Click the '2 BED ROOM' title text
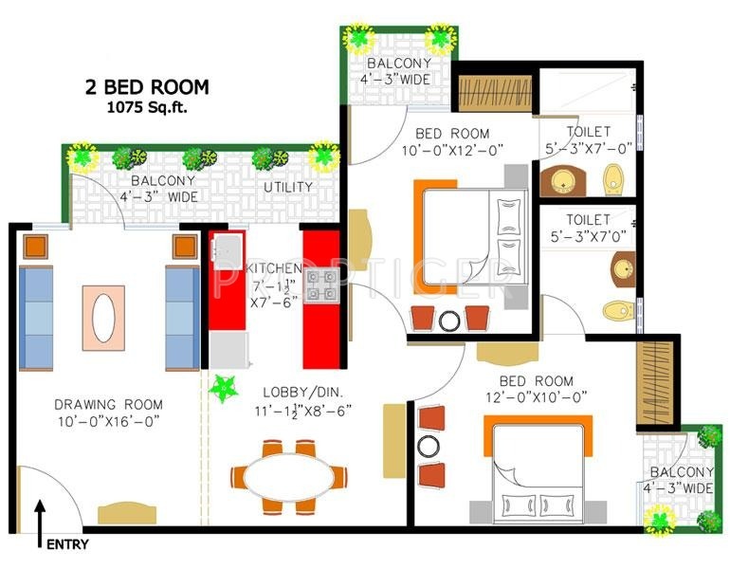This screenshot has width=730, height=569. click(145, 88)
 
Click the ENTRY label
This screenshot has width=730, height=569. click(66, 544)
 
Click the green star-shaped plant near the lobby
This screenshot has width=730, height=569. click(225, 388)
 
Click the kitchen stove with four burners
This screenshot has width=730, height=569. click(320, 284)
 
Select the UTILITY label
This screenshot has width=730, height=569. click(288, 188)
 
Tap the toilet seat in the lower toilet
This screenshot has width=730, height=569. click(617, 309)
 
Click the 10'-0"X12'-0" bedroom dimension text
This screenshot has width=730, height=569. click(451, 150)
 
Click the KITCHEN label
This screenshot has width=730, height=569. click(275, 268)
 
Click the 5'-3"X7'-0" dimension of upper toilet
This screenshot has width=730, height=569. click(588, 149)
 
